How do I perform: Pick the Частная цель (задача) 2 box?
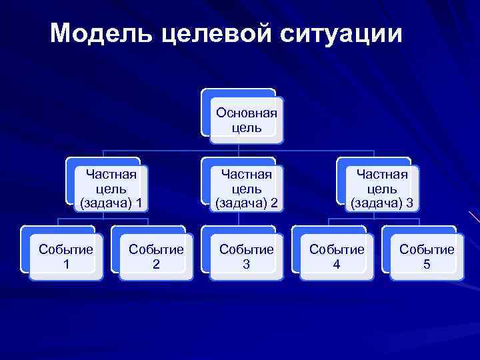coord(245,188)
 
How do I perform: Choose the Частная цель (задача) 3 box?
coord(381,188)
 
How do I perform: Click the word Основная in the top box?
coord(246,112)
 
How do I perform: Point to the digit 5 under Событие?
coord(427,264)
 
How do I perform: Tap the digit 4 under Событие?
coord(337,264)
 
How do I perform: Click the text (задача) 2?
coord(246,202)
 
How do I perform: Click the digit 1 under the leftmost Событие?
coord(65,264)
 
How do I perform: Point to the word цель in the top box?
coord(246,127)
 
